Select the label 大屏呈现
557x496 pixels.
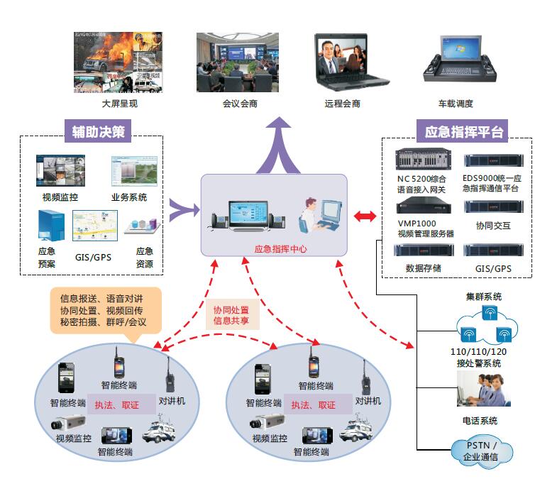118,104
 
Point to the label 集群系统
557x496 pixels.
483,297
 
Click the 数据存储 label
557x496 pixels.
423,268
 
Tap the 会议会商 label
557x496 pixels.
239,104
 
